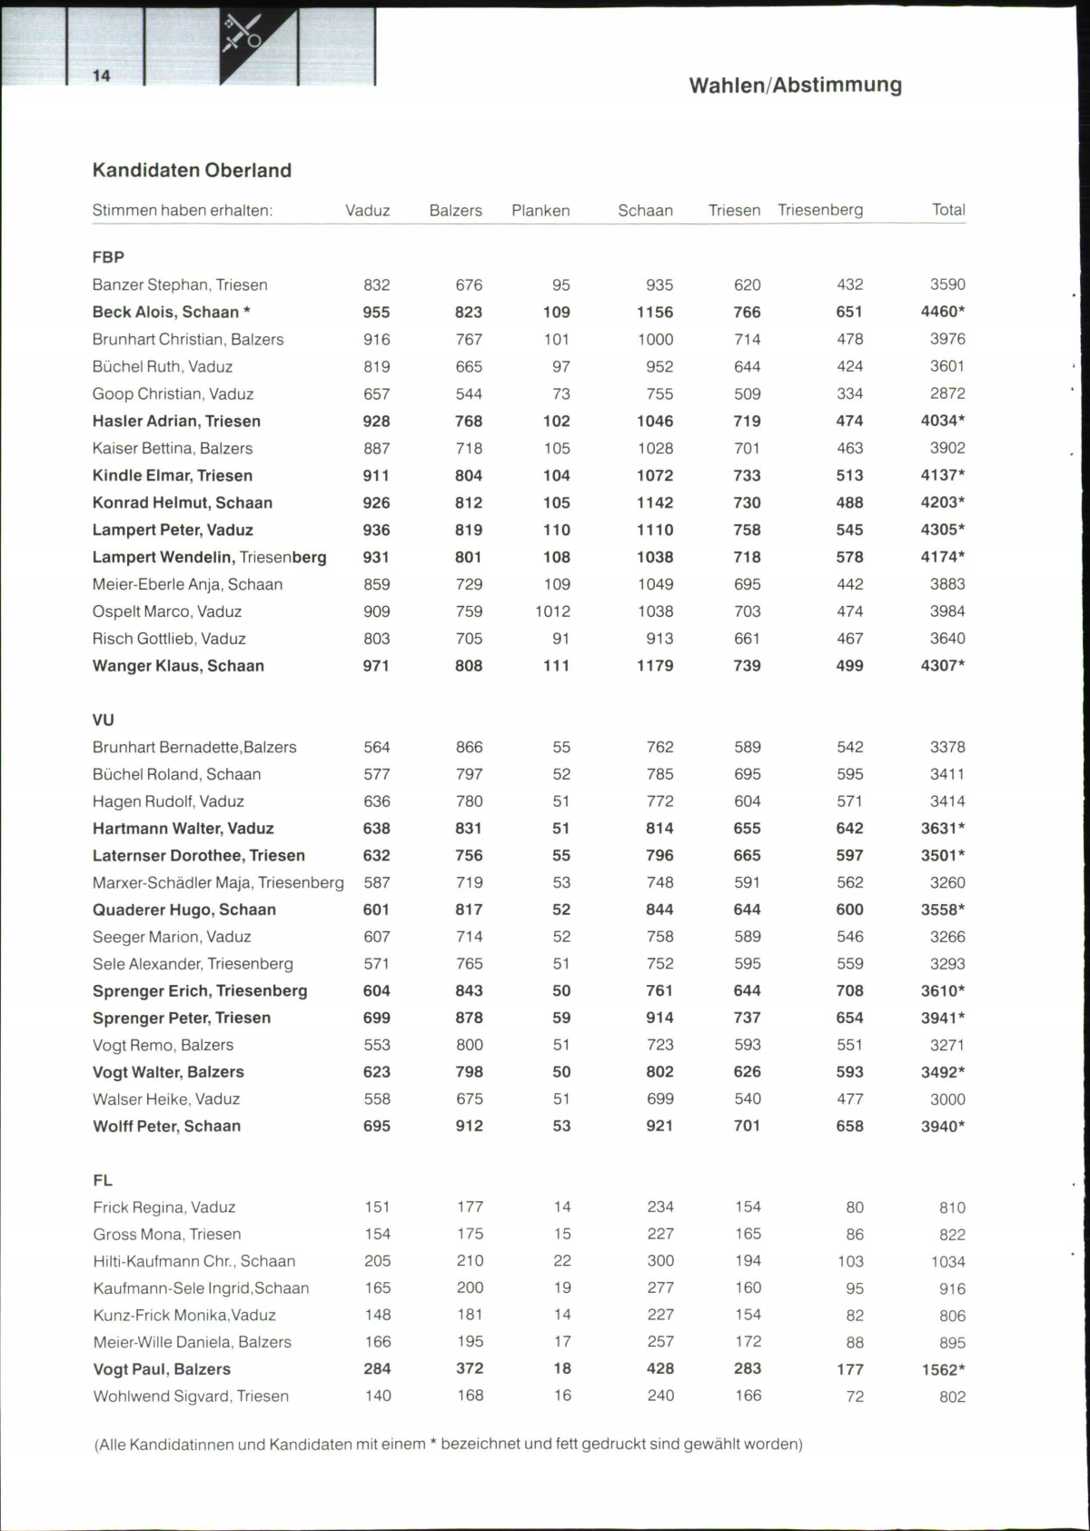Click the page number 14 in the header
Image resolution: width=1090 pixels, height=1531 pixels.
(x=101, y=75)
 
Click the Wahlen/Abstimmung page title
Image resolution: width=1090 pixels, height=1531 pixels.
(x=795, y=85)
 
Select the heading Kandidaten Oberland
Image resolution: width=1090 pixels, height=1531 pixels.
(x=192, y=171)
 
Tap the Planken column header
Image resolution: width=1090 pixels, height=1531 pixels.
(x=540, y=211)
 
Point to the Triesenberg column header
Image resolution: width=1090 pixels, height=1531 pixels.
(x=820, y=210)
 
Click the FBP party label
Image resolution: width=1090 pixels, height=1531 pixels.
(x=108, y=257)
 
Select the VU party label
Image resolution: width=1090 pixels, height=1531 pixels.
(x=104, y=720)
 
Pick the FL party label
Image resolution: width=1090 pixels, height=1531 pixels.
(x=103, y=1180)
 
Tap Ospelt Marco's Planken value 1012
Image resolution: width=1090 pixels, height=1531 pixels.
(x=552, y=611)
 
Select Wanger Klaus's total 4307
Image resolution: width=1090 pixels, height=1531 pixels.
(x=942, y=665)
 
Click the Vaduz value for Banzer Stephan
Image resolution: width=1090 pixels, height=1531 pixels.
(x=377, y=284)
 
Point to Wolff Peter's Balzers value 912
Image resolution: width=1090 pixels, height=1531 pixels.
(x=469, y=1126)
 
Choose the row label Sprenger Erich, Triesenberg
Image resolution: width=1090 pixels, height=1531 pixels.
(x=200, y=990)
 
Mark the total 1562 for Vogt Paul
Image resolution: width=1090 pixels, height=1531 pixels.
(x=942, y=1369)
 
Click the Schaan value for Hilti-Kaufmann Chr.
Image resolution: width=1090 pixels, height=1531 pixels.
(x=660, y=1261)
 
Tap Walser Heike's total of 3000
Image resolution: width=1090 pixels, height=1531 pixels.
(x=947, y=1099)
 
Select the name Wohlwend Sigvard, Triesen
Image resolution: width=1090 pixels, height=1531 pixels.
(x=191, y=1397)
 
